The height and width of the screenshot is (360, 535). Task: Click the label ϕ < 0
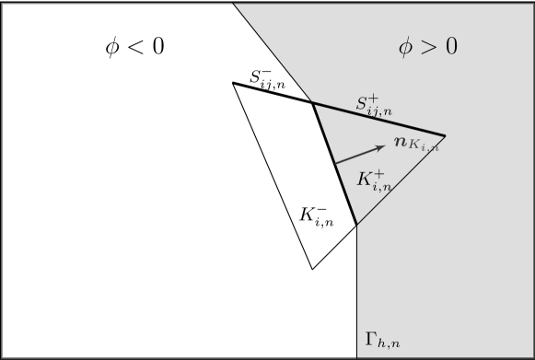pyautogui.click(x=134, y=47)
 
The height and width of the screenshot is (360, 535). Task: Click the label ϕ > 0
pyautogui.click(x=427, y=47)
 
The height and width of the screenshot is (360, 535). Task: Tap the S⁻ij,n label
pyautogui.click(x=267, y=80)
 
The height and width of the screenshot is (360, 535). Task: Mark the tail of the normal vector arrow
pyautogui.click(x=335, y=164)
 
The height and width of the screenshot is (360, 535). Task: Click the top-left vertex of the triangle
pyautogui.click(x=233, y=83)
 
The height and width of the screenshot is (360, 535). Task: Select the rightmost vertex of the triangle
pyautogui.click(x=446, y=135)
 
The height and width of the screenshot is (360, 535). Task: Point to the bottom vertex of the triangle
pyautogui.click(x=312, y=269)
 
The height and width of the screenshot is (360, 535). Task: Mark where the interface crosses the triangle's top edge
pyautogui.click(x=312, y=102)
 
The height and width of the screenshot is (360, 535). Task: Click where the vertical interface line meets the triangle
pyautogui.click(x=356, y=226)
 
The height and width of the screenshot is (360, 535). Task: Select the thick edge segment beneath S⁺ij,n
pyautogui.click(x=378, y=119)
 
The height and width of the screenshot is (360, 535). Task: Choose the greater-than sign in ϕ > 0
pyautogui.click(x=427, y=47)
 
